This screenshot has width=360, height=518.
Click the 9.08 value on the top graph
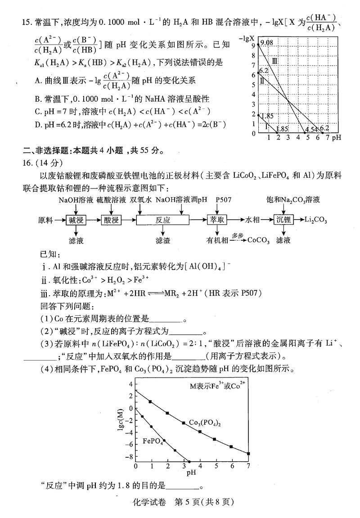[x=266, y=43]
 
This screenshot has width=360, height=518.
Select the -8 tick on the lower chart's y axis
[x=130, y=457]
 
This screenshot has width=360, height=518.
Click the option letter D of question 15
[x=37, y=125]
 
